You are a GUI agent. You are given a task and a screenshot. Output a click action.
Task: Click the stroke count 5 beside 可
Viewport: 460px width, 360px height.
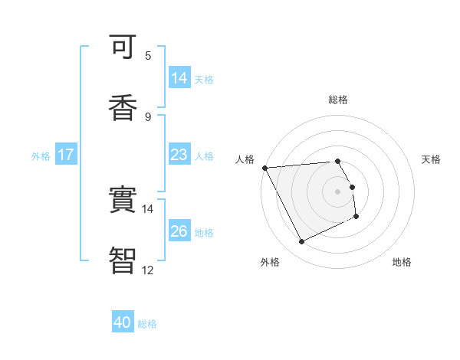[148, 55]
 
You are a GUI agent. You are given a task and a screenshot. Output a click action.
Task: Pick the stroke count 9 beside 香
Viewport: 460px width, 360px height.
[148, 116]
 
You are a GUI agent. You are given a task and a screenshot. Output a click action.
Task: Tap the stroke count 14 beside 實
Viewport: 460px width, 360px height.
[147, 208]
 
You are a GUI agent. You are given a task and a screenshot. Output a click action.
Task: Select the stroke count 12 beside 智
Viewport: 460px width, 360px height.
[147, 270]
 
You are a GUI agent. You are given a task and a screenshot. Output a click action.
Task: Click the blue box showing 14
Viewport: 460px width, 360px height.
[179, 78]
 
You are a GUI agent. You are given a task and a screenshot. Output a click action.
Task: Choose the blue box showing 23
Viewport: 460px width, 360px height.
[179, 155]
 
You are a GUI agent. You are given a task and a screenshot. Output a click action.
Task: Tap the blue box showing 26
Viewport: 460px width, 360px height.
[179, 231]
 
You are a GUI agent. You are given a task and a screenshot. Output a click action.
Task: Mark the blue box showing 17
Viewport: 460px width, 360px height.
[66, 155]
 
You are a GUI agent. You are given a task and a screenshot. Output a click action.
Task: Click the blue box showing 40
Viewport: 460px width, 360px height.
[123, 323]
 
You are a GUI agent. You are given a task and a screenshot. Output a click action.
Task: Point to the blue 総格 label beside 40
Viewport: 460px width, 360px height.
[147, 324]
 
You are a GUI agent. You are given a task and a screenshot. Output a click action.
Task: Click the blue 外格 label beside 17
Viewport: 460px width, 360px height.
[41, 155]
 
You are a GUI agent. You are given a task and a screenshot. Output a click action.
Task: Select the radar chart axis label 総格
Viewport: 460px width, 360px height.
[338, 100]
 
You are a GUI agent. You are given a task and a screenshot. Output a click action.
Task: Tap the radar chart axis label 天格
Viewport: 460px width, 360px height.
[432, 159]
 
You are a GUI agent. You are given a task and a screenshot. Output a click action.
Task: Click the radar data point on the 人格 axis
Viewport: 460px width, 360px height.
[264, 168]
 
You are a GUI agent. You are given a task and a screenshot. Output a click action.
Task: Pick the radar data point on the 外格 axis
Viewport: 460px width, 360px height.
[301, 242]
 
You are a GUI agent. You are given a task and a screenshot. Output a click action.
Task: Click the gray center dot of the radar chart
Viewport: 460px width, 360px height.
[338, 191]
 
